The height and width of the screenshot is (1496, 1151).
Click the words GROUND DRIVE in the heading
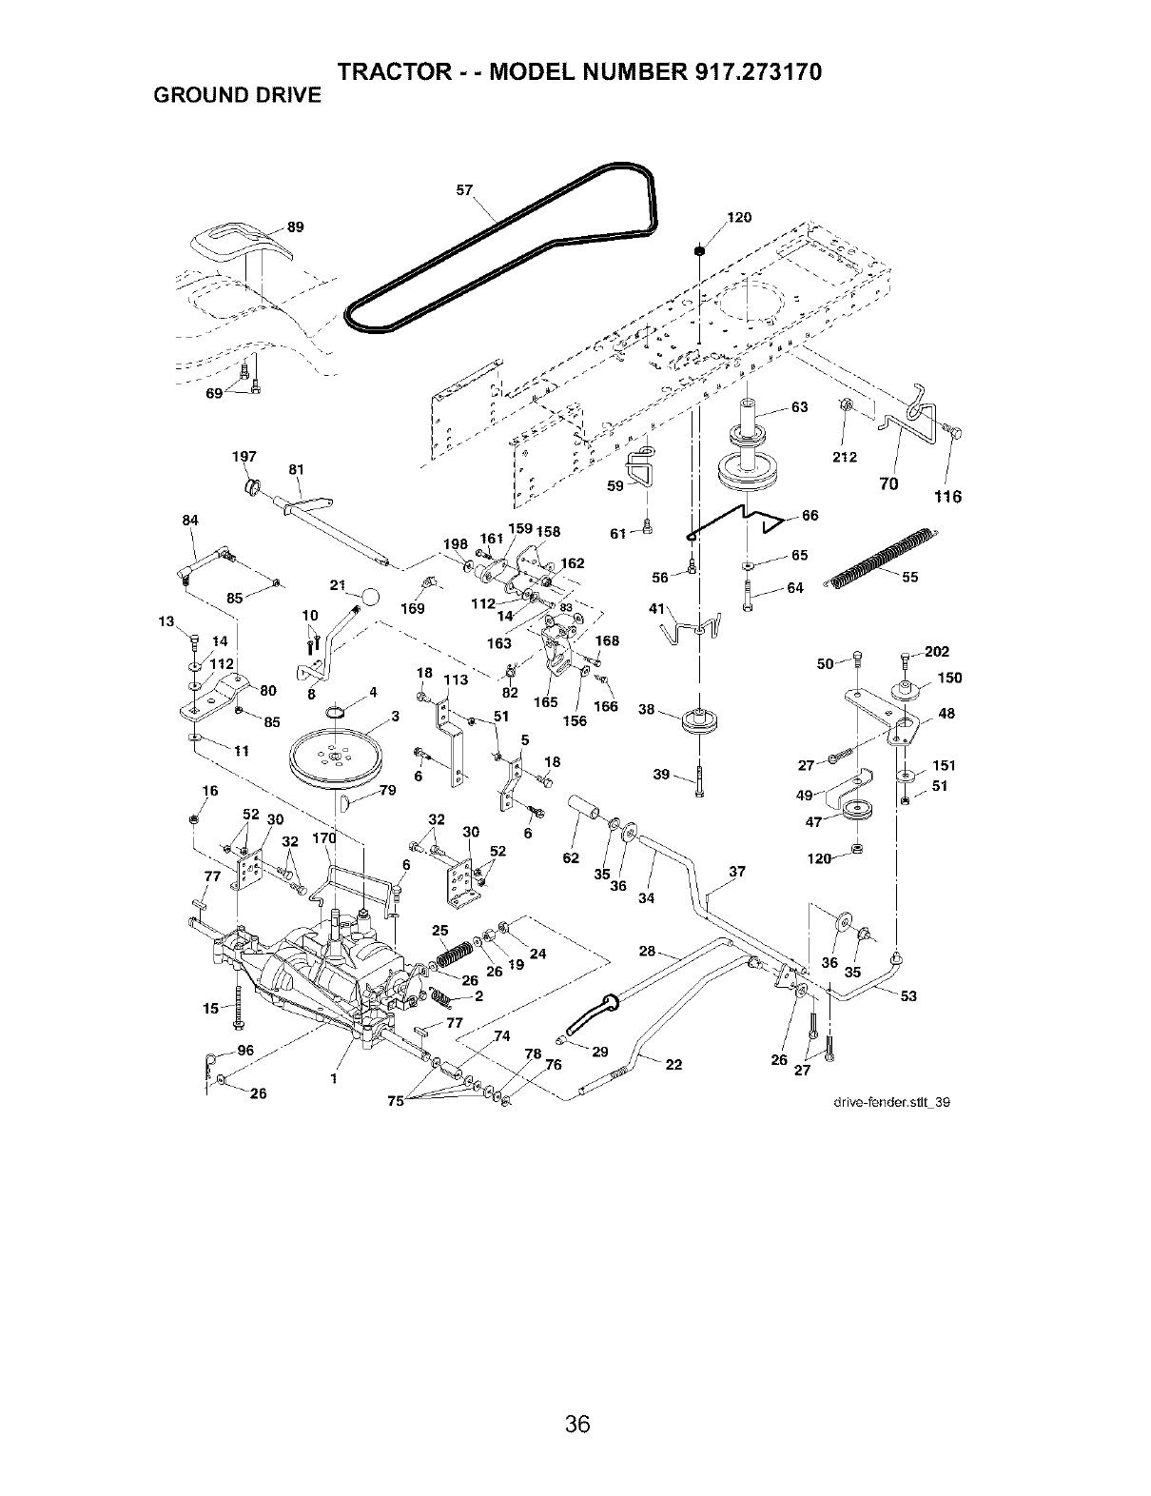(x=238, y=95)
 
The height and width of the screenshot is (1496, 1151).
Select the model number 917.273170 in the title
(x=759, y=71)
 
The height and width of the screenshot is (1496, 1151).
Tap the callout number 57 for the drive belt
(x=465, y=190)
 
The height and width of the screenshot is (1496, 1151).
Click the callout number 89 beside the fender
(x=295, y=227)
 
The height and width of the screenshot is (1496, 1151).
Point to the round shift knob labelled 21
(x=370, y=596)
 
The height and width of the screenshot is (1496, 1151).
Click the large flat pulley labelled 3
(x=335, y=760)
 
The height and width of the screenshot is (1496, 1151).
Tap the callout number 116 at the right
(x=947, y=497)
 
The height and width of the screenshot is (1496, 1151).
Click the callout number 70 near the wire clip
(x=888, y=484)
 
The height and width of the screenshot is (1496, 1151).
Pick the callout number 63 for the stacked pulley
(x=799, y=407)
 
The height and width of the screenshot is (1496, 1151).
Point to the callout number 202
(x=937, y=651)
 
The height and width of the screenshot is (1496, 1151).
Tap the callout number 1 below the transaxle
(x=334, y=1078)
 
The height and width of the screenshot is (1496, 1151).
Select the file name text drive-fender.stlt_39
(x=891, y=1101)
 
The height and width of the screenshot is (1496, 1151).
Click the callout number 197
(x=244, y=457)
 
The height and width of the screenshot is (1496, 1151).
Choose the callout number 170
(x=324, y=837)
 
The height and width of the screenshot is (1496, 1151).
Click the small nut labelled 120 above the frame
(x=699, y=250)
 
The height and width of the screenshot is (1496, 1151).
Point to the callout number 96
(x=245, y=1050)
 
